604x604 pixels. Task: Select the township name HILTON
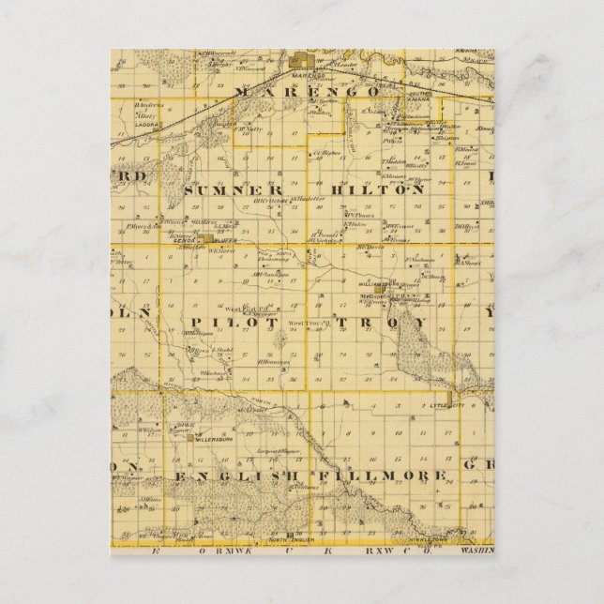point(387,189)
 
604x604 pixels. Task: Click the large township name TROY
point(391,322)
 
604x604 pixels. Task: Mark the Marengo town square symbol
point(303,58)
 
